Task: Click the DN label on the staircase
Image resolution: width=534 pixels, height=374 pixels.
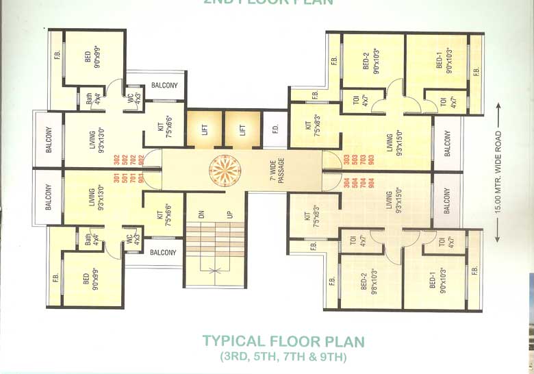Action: coord(201,214)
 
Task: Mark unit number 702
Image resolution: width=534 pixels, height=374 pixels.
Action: coord(133,160)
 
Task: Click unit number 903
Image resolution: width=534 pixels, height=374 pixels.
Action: coord(372,160)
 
